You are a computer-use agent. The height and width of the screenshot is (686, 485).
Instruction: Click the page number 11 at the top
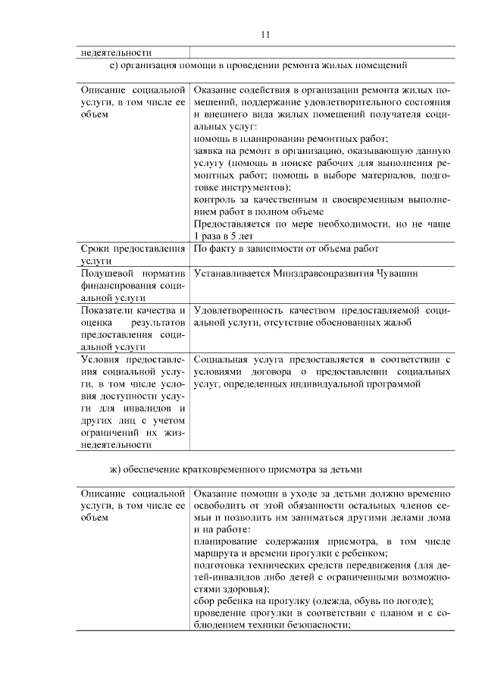tap(265, 34)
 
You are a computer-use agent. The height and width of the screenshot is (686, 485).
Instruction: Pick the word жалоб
tap(394, 323)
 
